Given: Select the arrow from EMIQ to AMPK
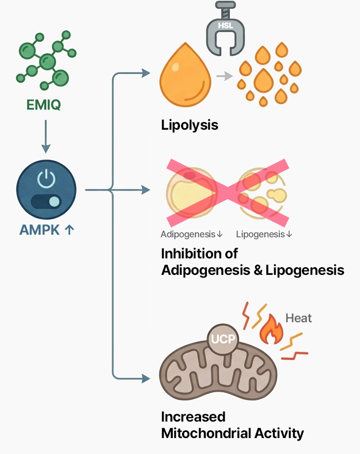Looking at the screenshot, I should (x=45, y=136).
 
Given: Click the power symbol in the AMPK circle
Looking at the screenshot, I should (x=46, y=178).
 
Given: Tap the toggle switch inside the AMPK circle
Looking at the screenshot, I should (x=46, y=201).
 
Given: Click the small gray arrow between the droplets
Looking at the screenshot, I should (x=222, y=77).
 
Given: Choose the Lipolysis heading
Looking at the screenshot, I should (x=190, y=125).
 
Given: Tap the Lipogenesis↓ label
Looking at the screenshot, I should (x=264, y=234).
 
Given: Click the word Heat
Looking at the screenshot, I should (x=298, y=318).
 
